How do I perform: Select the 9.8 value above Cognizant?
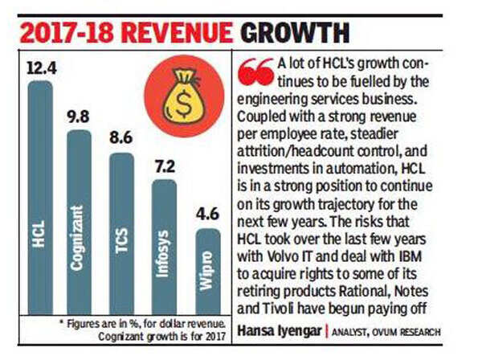[x=78, y=116]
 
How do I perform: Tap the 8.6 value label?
[x=121, y=138]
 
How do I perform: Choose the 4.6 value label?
[x=207, y=214]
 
